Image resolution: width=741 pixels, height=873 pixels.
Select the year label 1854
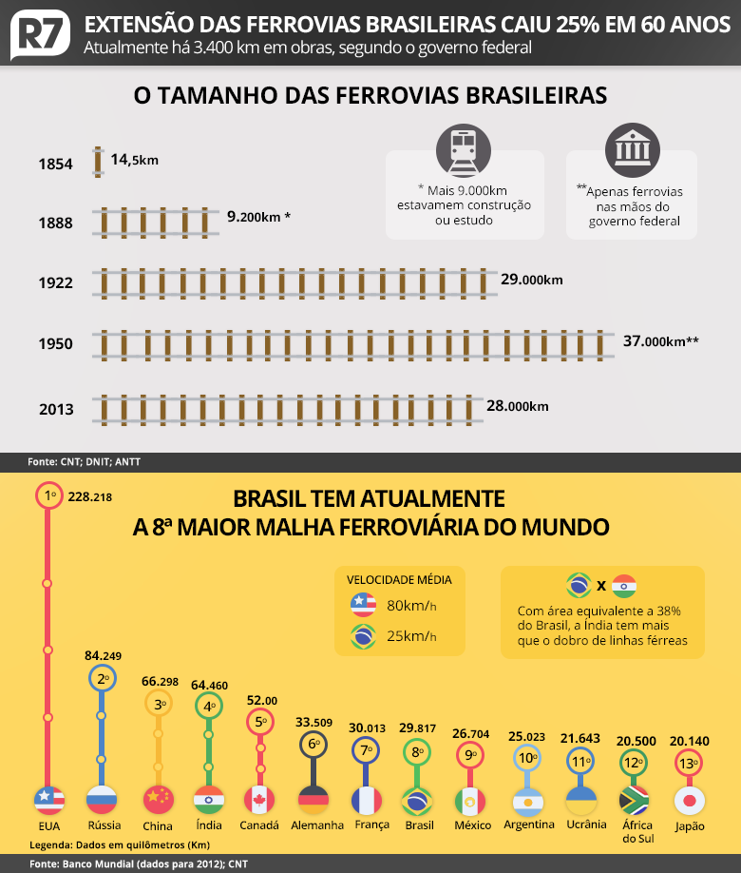point(55,164)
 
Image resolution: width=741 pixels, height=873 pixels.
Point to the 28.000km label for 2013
point(517,406)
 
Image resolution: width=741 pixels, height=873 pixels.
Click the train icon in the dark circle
point(464,150)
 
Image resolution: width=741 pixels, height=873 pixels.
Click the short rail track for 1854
point(97,162)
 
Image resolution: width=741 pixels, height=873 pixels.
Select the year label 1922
point(55,281)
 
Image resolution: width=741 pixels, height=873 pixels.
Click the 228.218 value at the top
point(91,496)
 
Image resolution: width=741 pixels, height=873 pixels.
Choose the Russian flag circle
point(101,799)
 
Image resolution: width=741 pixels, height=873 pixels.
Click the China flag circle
point(157,799)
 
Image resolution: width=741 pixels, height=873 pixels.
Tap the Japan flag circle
point(689,799)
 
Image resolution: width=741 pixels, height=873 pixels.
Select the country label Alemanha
point(316,824)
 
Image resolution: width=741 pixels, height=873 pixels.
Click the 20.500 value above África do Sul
point(636,742)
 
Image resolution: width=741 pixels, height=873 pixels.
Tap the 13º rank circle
point(689,763)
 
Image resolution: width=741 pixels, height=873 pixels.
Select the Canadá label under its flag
point(260,824)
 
